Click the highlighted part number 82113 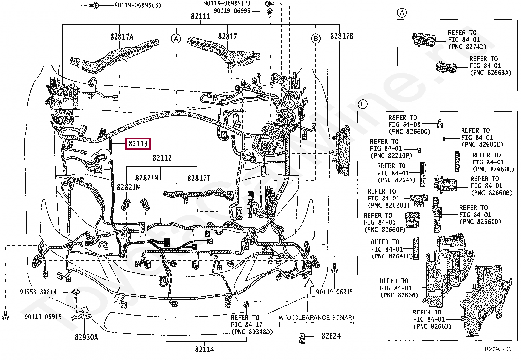point(138,143)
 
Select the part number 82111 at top point(200,16)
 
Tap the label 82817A point(122,37)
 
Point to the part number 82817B point(342,36)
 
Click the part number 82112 point(162,158)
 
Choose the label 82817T point(199,178)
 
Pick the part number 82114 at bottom point(205,350)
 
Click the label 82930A point(86,337)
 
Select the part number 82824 point(331,336)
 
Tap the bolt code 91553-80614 point(38,292)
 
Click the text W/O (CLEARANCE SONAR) point(316,317)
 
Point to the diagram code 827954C point(497,349)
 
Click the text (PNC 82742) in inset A point(467,47)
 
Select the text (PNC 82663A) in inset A point(490,73)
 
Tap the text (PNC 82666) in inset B point(399,295)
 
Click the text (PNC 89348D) point(252,332)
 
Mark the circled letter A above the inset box point(402,13)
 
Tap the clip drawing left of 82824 point(302,338)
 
